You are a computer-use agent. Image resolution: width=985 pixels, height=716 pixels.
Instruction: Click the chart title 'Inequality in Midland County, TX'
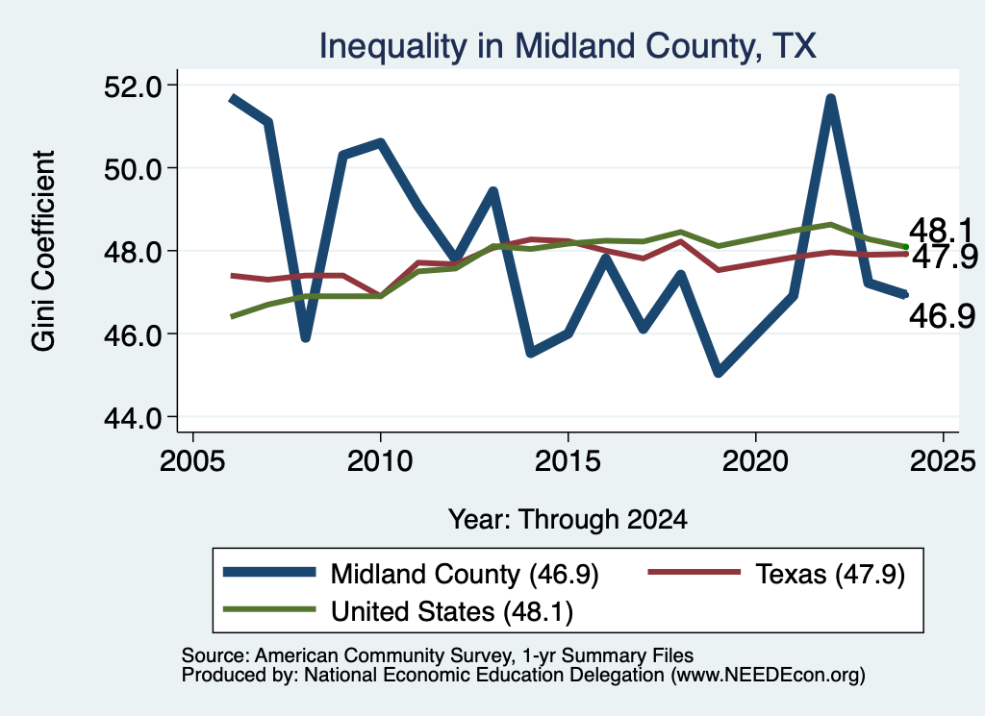(568, 46)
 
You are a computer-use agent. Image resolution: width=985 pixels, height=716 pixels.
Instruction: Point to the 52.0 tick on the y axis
(132, 86)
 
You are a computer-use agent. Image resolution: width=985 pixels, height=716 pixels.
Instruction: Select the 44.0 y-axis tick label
(132, 417)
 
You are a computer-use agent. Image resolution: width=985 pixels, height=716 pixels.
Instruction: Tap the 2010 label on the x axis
(380, 462)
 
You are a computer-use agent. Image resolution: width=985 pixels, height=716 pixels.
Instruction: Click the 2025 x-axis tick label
(943, 462)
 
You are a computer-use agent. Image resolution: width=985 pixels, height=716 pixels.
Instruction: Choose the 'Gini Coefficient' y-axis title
(43, 251)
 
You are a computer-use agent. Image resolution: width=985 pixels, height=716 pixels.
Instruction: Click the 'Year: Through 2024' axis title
(568, 520)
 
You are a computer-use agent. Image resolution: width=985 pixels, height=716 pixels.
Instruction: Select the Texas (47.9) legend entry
(776, 574)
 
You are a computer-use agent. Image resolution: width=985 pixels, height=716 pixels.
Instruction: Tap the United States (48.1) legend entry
(398, 611)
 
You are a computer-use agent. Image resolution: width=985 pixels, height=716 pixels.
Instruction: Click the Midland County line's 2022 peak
(830, 99)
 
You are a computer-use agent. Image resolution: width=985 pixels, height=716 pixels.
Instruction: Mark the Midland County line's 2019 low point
(718, 373)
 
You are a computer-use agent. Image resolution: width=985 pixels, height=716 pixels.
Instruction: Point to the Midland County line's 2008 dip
(305, 337)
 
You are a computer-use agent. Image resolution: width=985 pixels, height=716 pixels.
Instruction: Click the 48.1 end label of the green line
(941, 231)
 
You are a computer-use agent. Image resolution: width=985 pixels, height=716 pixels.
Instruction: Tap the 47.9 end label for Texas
(945, 257)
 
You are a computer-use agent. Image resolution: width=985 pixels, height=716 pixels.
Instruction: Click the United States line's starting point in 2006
(233, 316)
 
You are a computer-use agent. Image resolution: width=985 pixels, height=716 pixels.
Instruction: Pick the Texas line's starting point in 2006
(233, 276)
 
